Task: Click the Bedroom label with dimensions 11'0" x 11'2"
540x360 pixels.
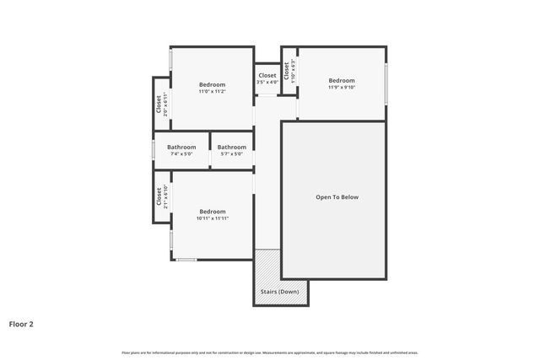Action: [212, 84]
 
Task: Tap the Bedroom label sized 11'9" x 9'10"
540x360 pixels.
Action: [342, 81]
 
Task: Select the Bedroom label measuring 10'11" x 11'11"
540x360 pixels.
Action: [212, 212]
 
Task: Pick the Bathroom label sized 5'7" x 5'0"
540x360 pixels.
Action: [231, 148]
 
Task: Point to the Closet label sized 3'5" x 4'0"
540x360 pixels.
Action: [267, 76]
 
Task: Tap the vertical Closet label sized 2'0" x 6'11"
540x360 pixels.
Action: [159, 104]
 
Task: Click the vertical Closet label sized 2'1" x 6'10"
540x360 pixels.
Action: [159, 196]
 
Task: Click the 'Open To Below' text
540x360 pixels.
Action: [337, 197]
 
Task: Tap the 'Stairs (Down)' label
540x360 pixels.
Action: [280, 291]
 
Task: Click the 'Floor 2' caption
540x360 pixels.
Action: [21, 323]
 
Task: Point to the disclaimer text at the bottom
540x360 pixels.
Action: [269, 352]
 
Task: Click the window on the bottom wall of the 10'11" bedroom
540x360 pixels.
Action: [186, 260]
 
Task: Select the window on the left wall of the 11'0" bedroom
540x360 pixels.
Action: [171, 61]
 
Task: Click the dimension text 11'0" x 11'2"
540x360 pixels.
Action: [212, 91]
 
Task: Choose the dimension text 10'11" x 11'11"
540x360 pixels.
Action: [212, 218]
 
